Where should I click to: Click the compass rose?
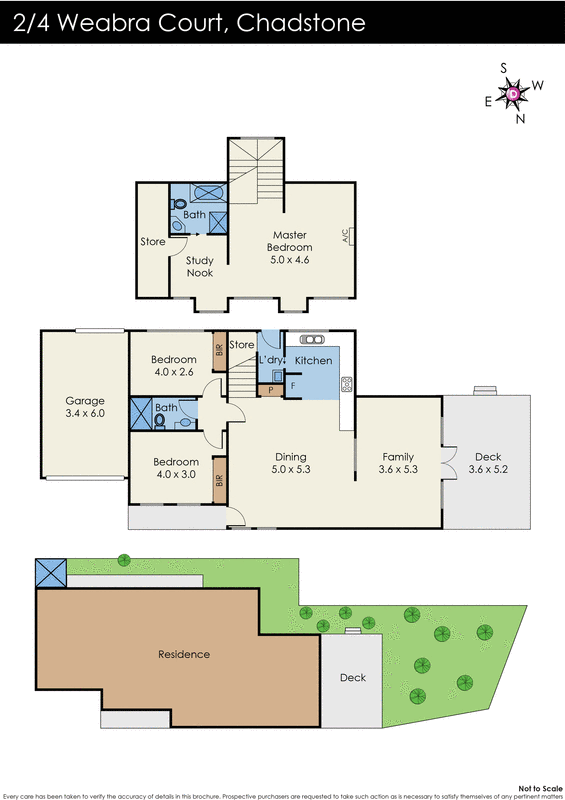pos(513,93)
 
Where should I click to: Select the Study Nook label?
pos(200,266)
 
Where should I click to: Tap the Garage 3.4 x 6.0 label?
pos(84,407)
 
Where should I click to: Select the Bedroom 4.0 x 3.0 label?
pos(175,468)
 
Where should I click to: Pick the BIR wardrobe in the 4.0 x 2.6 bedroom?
pos(219,351)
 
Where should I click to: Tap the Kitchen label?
pos(313,360)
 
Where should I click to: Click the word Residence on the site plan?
pos(184,654)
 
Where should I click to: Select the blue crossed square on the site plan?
pos(50,573)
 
